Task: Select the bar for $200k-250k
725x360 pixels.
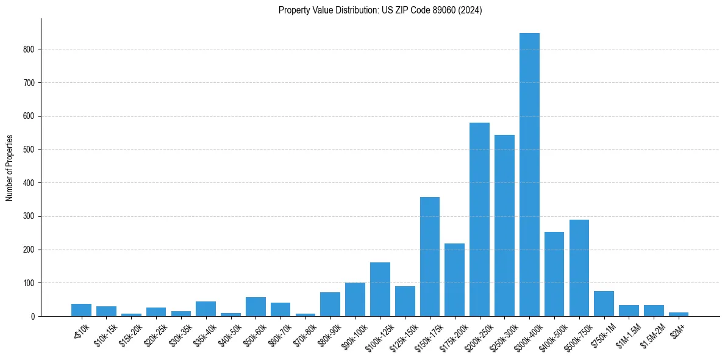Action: click(479, 220)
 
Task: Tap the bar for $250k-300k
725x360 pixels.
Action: click(504, 226)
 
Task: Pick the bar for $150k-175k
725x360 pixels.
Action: click(430, 257)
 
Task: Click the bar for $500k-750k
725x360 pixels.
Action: click(579, 268)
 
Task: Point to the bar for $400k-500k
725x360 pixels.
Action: click(554, 274)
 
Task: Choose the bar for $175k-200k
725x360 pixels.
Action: click(454, 280)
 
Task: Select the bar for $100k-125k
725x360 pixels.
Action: click(380, 289)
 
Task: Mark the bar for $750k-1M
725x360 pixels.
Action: click(604, 304)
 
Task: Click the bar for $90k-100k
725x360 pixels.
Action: click(355, 300)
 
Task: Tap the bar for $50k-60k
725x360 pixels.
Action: click(255, 307)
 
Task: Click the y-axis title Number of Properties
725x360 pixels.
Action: click(9, 168)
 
